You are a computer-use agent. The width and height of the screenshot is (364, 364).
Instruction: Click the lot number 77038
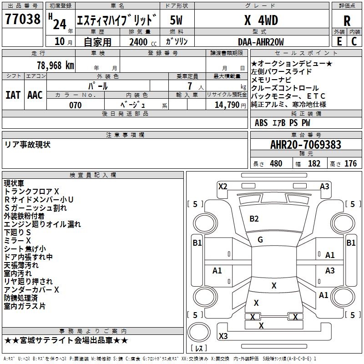click(x=22, y=19)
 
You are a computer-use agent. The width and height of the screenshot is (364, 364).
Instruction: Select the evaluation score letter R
click(x=347, y=21)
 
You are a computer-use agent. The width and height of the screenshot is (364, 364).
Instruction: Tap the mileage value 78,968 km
click(x=56, y=66)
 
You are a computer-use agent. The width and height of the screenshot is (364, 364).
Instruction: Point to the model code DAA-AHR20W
click(x=261, y=42)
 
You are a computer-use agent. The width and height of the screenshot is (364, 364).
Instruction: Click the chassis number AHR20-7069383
click(x=306, y=145)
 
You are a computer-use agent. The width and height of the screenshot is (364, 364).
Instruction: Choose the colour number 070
click(x=76, y=105)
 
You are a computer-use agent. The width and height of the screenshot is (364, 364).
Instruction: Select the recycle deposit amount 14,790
click(x=227, y=105)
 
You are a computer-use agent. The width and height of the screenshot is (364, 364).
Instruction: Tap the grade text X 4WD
click(x=261, y=20)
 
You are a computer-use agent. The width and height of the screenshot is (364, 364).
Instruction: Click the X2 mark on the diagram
click(x=222, y=187)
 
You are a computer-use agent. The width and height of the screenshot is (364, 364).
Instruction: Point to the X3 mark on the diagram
click(x=223, y=336)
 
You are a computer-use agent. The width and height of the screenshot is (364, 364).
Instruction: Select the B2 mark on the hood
click(x=254, y=219)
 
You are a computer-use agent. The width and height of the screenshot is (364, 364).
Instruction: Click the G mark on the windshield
click(x=260, y=240)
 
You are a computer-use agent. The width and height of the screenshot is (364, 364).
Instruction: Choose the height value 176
click(x=350, y=163)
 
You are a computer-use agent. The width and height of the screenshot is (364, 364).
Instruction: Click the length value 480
click(x=276, y=163)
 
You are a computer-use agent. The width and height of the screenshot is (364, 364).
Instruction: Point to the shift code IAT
click(x=13, y=95)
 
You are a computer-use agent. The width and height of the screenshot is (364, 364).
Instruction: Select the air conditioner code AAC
click(x=35, y=95)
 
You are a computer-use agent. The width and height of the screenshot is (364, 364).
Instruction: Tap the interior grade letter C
click(x=354, y=41)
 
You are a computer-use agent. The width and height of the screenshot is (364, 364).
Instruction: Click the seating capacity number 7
click(x=190, y=86)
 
